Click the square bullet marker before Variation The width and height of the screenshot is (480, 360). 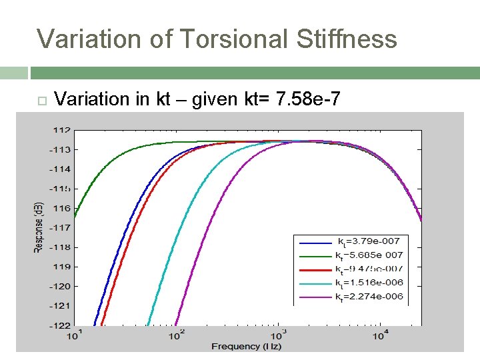[41, 101]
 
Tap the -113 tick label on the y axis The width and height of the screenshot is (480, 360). [61, 149]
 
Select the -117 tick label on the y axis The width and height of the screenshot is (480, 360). [61, 227]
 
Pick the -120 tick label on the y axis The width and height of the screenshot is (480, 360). [61, 286]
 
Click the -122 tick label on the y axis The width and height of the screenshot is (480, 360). [61, 325]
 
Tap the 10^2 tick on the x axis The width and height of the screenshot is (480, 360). [176, 335]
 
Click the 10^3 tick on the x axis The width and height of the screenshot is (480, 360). [278, 335]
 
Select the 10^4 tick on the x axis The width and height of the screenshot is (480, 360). [380, 335]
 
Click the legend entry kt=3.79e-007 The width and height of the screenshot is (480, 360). [367, 241]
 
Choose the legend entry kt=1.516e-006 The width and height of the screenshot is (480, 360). [369, 283]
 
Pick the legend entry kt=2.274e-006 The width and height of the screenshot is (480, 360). [369, 297]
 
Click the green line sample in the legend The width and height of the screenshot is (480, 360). [315, 255]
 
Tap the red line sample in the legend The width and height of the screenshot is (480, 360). [315, 269]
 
